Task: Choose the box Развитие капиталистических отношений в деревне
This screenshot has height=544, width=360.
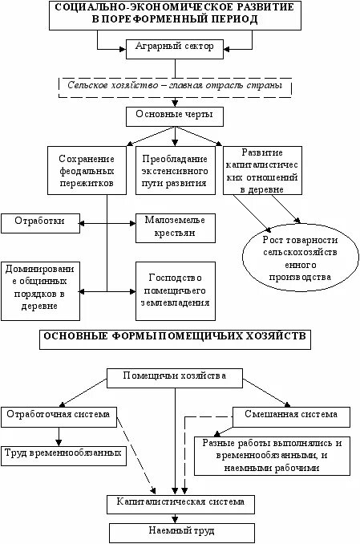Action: (261, 171)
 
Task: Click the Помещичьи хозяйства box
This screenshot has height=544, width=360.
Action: (175, 376)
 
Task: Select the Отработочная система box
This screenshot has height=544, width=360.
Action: (60, 415)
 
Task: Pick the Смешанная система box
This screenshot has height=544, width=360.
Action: (291, 416)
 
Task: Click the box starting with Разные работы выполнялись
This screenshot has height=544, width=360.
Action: (273, 455)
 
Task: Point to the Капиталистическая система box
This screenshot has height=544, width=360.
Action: (181, 503)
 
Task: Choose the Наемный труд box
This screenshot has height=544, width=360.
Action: (181, 530)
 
